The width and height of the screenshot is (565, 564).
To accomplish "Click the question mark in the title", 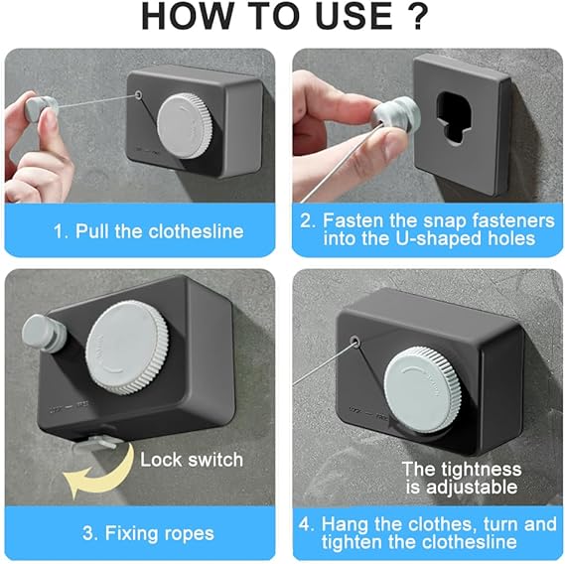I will (416, 18).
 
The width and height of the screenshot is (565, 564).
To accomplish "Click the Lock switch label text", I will (191, 459).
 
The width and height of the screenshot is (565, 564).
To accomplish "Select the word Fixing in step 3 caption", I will (134, 532).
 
